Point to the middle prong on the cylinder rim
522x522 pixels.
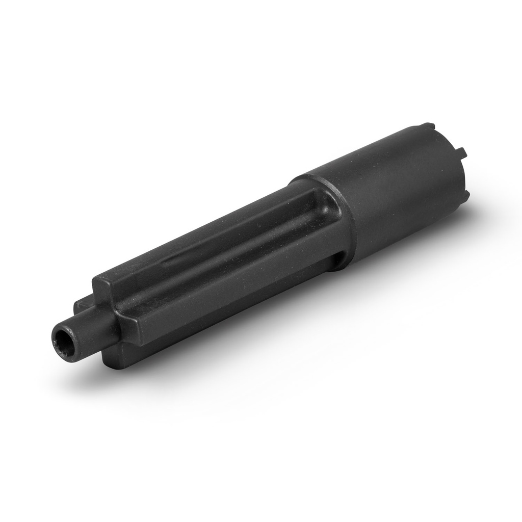461,152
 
